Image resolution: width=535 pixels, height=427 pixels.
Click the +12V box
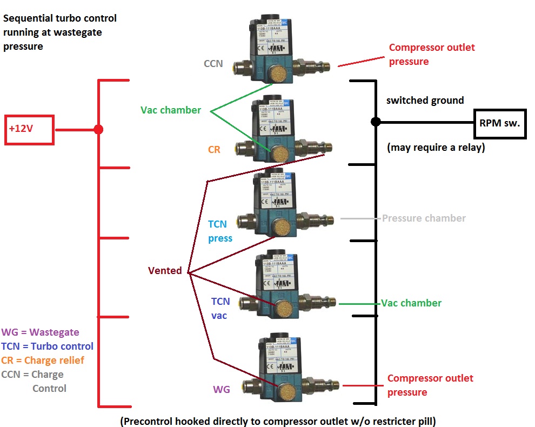point(29,130)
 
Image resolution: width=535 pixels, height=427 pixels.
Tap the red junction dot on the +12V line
point(98,130)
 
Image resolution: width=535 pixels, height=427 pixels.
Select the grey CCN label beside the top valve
point(213,64)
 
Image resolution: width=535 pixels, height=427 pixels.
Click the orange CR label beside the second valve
point(214,150)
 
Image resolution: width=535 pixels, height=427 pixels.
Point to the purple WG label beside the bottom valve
point(222,389)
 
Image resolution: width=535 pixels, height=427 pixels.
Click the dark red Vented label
point(165,271)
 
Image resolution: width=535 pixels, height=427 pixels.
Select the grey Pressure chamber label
point(424,218)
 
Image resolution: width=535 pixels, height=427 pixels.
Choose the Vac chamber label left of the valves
point(171,110)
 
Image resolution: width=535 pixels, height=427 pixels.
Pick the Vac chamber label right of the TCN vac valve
point(411,303)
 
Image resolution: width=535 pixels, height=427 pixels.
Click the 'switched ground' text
point(425,101)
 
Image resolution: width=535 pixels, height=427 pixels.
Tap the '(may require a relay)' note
point(436,147)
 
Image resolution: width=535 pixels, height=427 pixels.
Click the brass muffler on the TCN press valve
point(281,227)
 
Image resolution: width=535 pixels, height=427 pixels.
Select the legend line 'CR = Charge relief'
point(43,361)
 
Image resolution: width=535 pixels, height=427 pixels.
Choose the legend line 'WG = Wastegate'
point(41,332)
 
